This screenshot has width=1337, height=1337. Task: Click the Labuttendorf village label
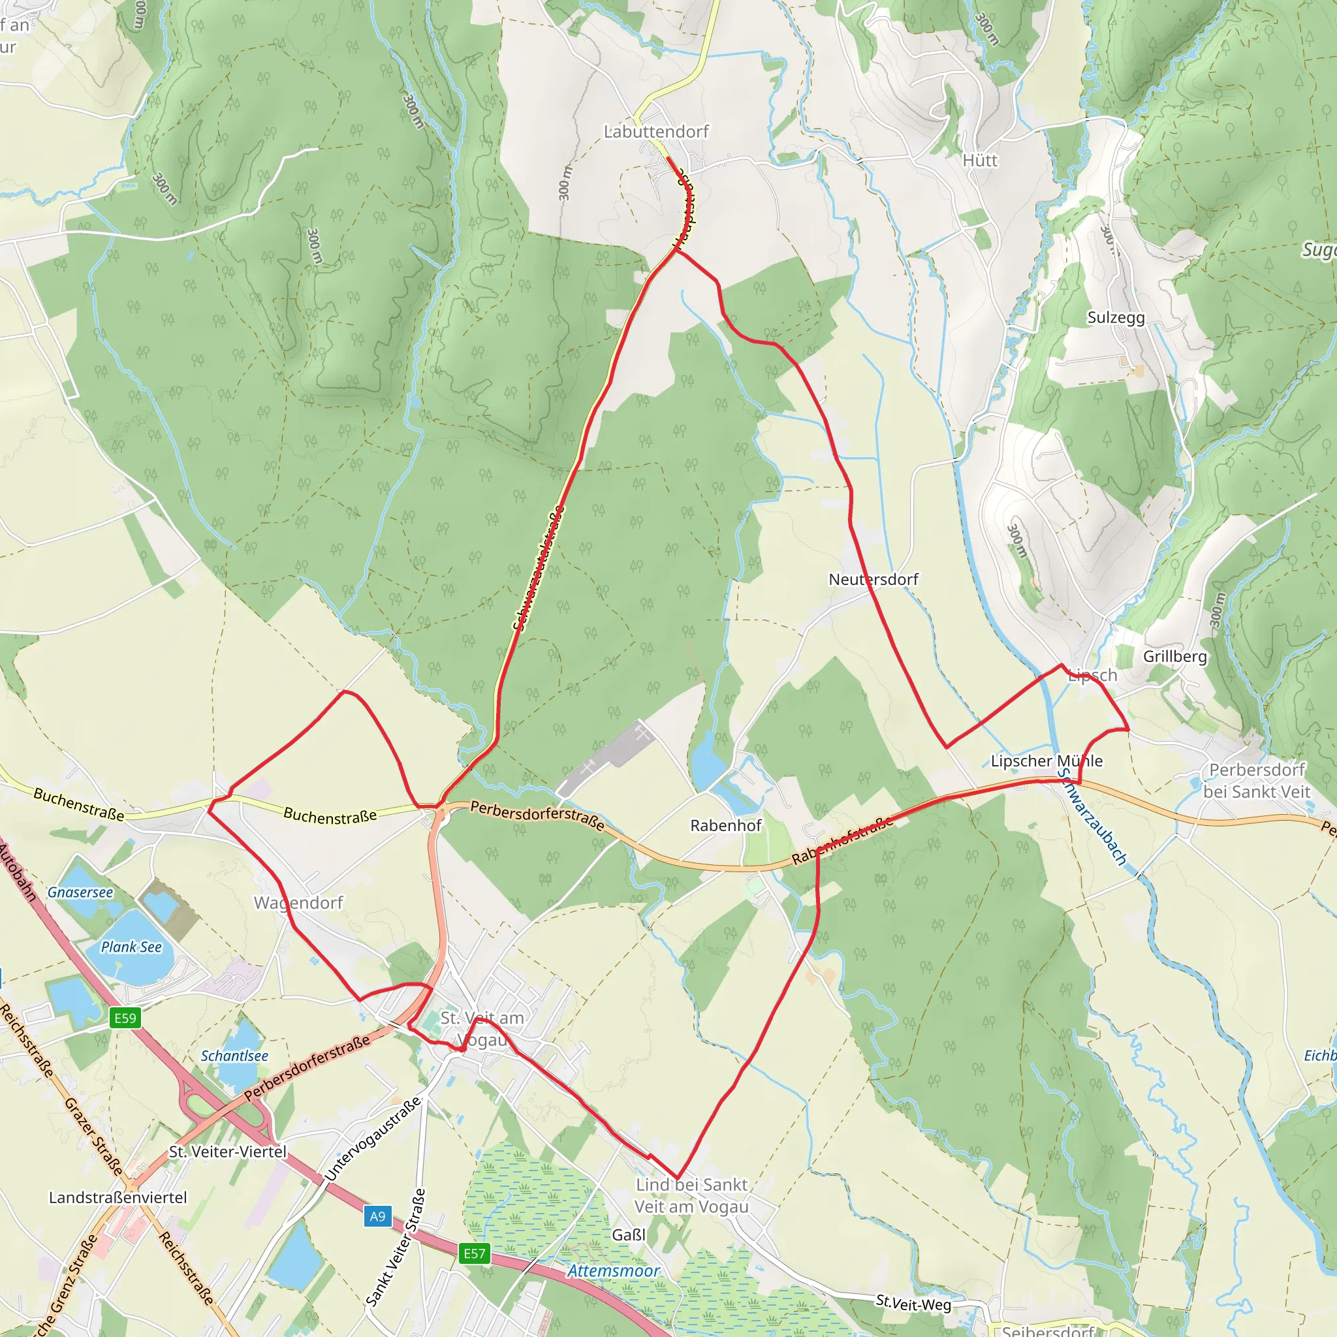656,131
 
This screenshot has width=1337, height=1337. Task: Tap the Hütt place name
980,161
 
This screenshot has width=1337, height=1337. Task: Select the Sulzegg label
1116,318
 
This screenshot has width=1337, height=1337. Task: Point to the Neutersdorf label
873,579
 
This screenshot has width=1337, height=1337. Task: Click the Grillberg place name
1175,656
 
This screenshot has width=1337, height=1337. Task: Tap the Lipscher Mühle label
1046,761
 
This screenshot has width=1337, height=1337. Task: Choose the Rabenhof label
726,826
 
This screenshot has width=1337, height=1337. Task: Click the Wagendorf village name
298,903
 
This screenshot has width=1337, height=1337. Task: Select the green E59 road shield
125,1018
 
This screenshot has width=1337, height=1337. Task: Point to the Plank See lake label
131,947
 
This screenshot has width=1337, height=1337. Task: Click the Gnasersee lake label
80,892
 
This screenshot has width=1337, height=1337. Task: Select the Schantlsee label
234,1056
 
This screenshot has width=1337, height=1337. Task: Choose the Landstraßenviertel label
118,1198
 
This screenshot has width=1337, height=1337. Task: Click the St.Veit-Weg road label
913,1304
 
